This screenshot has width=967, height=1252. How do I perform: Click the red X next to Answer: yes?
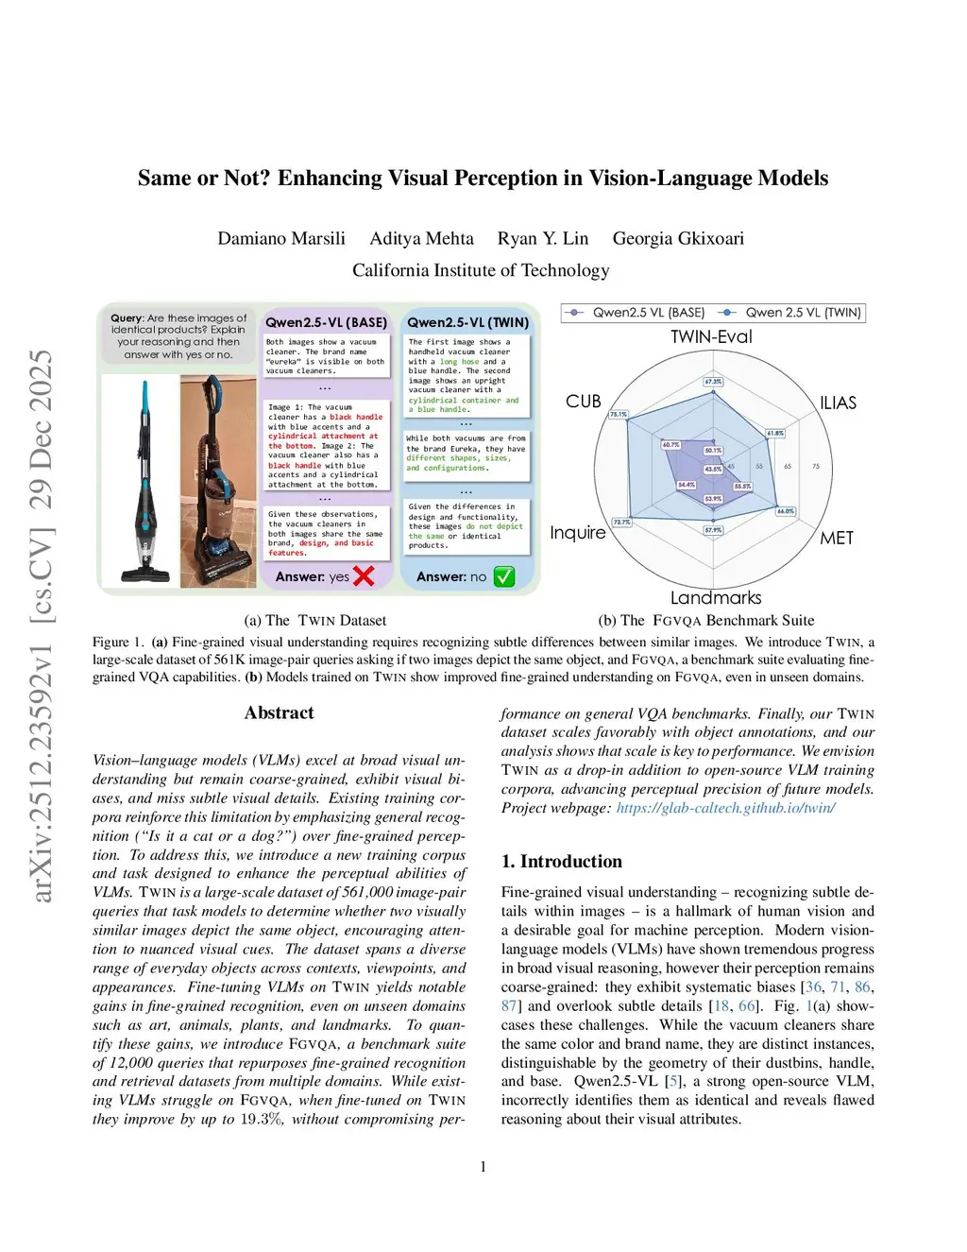[x=364, y=575]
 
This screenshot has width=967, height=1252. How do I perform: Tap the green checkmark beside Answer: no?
[x=504, y=576]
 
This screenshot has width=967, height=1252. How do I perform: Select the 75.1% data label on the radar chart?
[x=619, y=414]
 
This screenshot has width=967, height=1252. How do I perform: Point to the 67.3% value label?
[x=713, y=382]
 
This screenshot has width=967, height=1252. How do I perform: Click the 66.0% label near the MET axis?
[x=786, y=511]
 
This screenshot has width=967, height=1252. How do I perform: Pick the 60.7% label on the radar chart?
[x=670, y=444]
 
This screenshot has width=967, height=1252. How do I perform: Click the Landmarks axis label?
[x=716, y=597]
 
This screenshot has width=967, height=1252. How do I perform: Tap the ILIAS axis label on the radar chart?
[x=838, y=403]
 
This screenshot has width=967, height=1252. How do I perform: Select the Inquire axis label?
[x=578, y=533]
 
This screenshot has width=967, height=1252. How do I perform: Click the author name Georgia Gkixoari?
[x=678, y=238]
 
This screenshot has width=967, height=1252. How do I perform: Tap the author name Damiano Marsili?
[x=281, y=238]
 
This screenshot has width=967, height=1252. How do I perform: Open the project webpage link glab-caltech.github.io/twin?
[x=725, y=808]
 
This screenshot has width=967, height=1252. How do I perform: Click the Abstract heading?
[x=279, y=712]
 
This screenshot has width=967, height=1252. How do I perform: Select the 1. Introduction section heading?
[x=561, y=861]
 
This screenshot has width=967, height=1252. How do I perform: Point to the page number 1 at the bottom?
[x=483, y=1167]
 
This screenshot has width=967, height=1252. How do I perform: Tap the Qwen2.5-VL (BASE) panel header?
[x=326, y=322]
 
